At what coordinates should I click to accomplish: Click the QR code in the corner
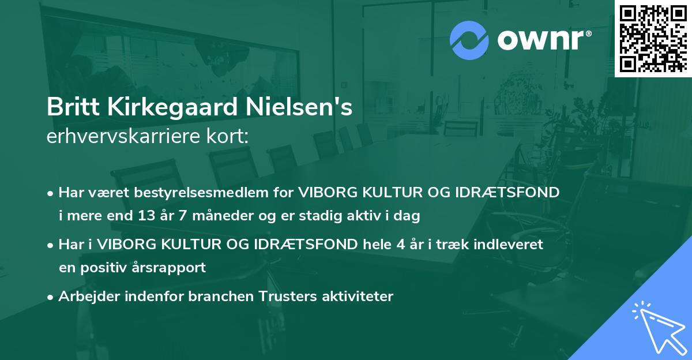pos(653,38)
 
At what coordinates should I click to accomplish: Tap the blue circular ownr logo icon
pos(469,40)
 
